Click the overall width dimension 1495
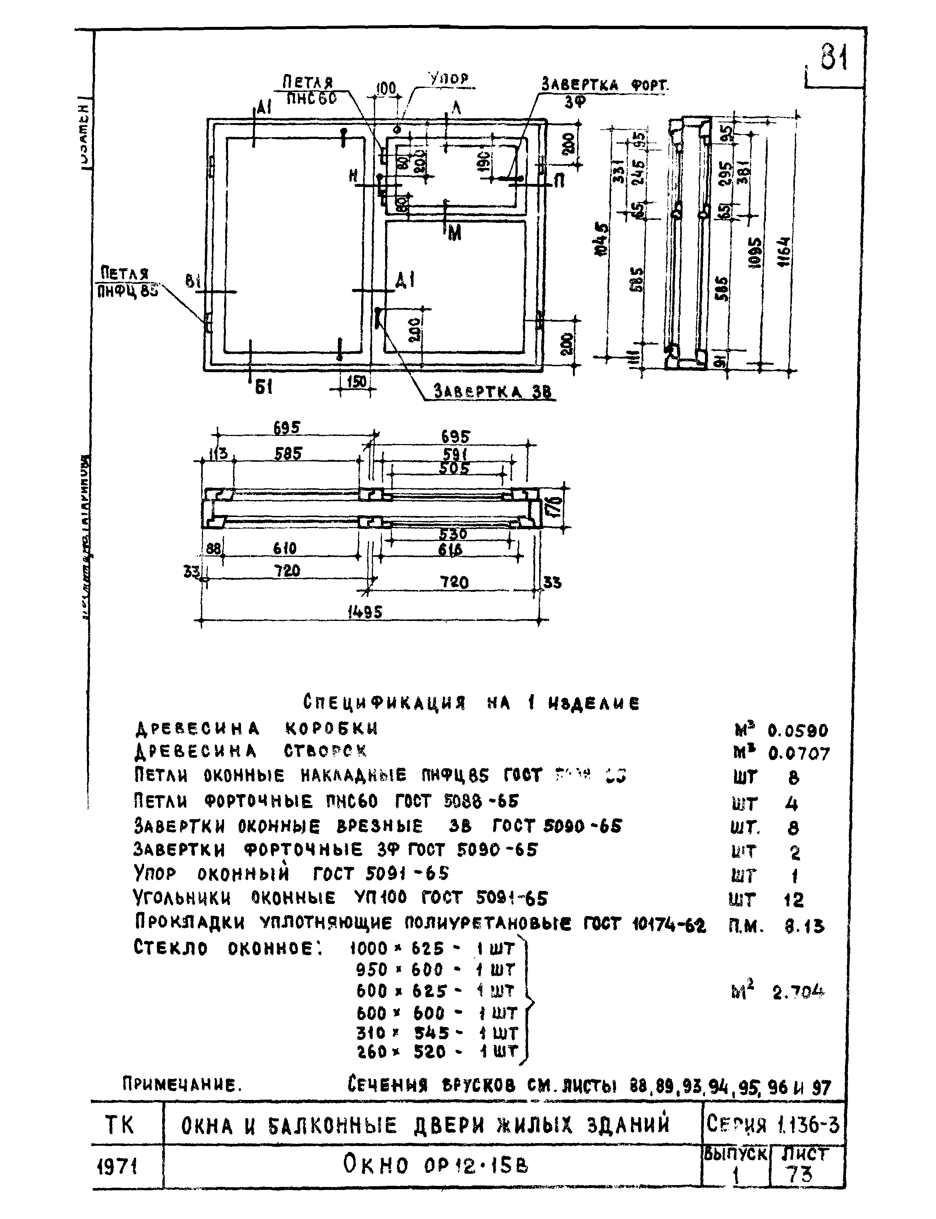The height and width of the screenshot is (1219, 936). pos(365,612)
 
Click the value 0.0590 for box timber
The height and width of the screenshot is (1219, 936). pos(798,730)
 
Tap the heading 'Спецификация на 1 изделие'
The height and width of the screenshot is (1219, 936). pos(471,703)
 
